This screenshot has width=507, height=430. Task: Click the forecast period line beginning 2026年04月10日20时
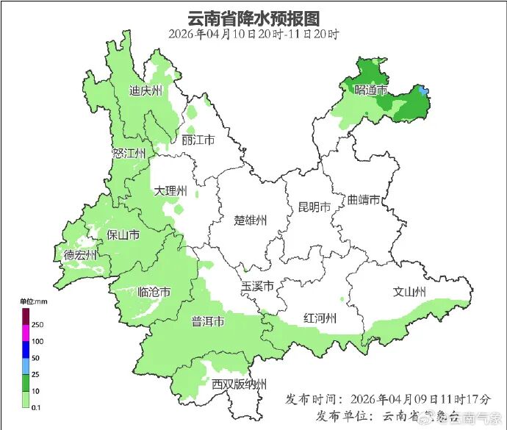click(x=253, y=35)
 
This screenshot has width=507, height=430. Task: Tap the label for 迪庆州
click(x=145, y=91)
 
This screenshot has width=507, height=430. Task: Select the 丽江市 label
click(x=198, y=140)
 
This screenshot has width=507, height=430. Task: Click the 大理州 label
click(x=170, y=191)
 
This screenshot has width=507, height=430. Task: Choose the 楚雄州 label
click(x=251, y=220)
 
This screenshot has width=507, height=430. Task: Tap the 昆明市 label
click(x=314, y=207)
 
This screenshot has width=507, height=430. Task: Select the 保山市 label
click(x=123, y=235)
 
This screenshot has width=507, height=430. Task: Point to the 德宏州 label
click(x=80, y=255)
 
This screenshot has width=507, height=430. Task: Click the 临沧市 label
click(x=154, y=292)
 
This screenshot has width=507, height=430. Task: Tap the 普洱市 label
click(x=208, y=321)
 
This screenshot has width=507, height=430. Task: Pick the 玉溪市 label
click(x=258, y=285)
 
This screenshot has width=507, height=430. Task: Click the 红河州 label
click(x=320, y=318)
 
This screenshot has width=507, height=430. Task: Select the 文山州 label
click(x=409, y=293)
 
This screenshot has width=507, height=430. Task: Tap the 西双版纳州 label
click(x=239, y=384)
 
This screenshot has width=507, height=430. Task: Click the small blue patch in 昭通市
click(x=422, y=90)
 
